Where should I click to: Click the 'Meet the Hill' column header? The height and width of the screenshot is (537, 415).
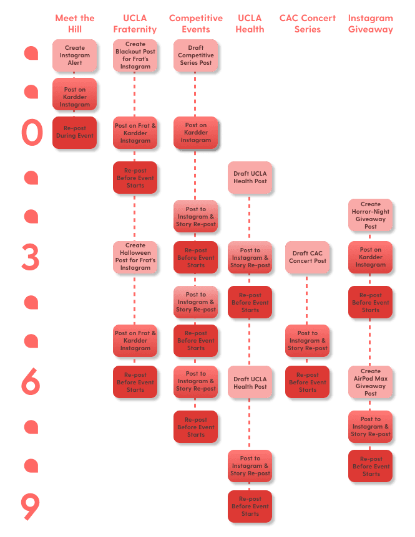75,23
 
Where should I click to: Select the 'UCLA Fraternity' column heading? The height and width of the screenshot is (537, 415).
135,23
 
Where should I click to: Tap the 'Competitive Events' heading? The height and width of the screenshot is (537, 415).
196,23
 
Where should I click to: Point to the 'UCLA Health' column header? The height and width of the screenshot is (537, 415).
250,23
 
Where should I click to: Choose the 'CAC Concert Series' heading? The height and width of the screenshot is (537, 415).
308,23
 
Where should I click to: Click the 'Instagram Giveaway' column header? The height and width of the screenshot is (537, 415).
371,23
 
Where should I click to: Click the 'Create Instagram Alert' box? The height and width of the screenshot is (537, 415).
75,55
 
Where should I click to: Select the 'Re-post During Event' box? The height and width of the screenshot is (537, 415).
75,132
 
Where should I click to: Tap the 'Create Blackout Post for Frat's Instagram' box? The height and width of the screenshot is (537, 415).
135,55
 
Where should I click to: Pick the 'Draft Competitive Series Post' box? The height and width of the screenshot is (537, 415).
196,55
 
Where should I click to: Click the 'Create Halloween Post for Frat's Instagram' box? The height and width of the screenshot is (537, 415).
135,257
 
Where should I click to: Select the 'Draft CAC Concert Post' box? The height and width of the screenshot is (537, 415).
308,257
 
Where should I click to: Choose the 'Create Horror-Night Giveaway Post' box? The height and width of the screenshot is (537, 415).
371,216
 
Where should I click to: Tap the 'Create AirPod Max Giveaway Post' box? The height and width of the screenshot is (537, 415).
371,383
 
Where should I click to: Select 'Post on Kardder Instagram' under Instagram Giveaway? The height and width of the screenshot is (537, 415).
371,257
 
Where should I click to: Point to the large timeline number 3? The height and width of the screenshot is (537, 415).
30,257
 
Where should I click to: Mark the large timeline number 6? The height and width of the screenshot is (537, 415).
31,381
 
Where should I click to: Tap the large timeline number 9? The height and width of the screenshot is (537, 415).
31,506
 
